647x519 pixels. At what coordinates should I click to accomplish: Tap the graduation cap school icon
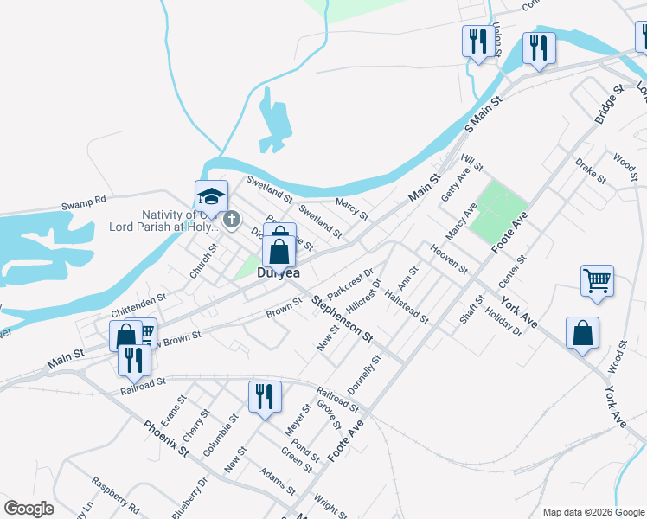click(210, 197)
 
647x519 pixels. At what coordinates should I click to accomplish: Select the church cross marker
click(231, 221)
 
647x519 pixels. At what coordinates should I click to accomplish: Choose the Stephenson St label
click(342, 318)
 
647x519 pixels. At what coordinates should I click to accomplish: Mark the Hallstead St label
click(407, 307)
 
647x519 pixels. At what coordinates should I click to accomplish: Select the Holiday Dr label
click(504, 324)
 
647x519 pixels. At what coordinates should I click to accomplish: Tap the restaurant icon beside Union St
click(477, 41)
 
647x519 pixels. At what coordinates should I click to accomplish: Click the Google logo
click(29, 509)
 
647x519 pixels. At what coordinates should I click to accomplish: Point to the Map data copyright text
click(593, 512)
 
